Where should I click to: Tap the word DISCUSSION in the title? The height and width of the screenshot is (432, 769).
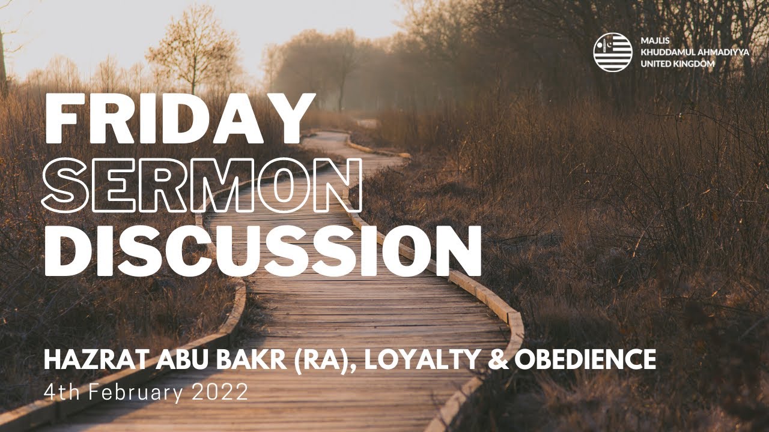pyautogui.click(x=263, y=251)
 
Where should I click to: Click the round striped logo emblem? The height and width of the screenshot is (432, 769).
pyautogui.click(x=613, y=52)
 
